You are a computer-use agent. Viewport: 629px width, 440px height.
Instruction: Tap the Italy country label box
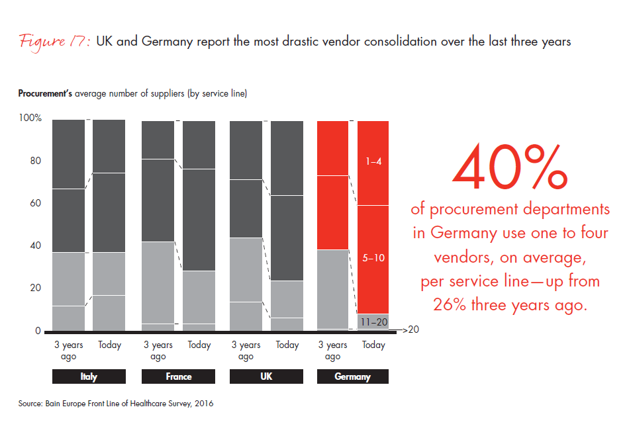click(x=89, y=376)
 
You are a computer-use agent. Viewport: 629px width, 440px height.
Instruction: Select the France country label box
click(x=178, y=376)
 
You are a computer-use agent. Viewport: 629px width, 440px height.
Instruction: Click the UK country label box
click(x=266, y=376)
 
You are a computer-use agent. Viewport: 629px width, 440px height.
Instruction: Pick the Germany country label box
click(x=352, y=376)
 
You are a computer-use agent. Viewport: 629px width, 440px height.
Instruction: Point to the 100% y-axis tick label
click(x=30, y=118)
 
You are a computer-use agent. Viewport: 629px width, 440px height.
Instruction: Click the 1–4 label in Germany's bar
click(x=373, y=160)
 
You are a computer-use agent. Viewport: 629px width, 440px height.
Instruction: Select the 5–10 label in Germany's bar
click(x=373, y=258)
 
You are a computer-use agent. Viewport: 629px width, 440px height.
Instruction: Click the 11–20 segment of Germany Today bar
click(x=373, y=321)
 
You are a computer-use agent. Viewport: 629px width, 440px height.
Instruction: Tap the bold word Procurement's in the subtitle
click(x=45, y=93)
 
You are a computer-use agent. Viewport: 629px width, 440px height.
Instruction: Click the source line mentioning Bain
click(x=116, y=403)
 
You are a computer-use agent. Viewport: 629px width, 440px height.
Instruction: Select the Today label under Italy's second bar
click(x=109, y=345)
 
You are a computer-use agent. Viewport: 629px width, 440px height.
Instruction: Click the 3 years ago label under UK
click(x=246, y=351)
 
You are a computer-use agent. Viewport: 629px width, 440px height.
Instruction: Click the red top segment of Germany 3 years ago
click(x=333, y=148)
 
